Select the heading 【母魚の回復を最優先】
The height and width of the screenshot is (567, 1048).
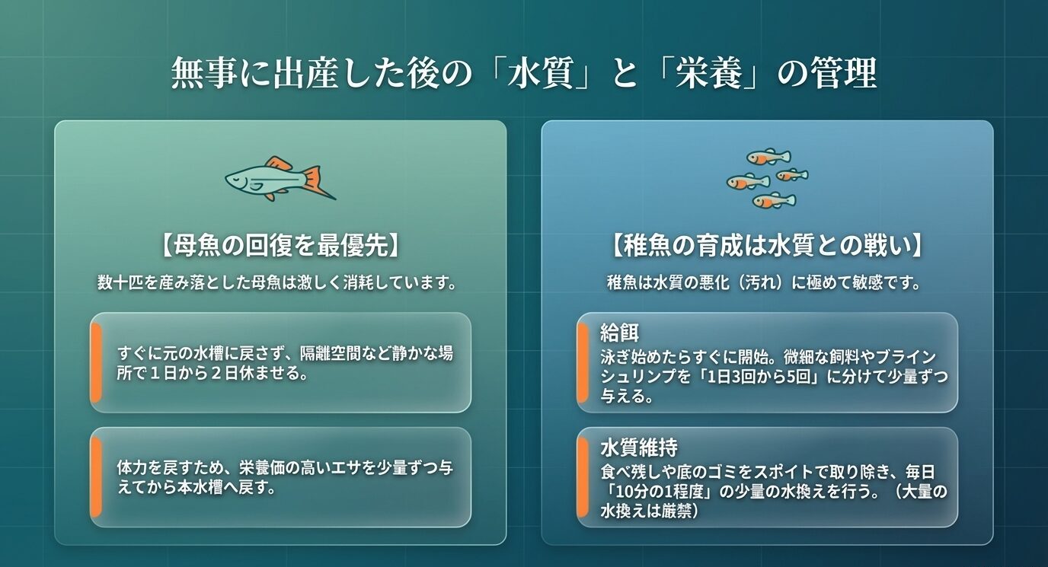pos(280,246)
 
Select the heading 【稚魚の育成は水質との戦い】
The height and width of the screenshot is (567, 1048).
pos(767,246)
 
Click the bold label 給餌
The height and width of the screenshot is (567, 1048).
pos(618,333)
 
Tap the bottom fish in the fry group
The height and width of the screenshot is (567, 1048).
pos(774,201)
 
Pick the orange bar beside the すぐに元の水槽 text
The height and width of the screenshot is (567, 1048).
pos(96,362)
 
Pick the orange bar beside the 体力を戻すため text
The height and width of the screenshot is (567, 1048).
pos(96,477)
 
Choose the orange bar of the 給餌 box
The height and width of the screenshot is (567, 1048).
pos(583,362)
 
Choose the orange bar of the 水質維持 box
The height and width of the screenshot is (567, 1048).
pos(583,477)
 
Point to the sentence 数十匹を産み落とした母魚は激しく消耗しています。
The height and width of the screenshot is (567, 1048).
pos(280,283)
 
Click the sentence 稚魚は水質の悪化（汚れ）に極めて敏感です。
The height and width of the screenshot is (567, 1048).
pos(767,283)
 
